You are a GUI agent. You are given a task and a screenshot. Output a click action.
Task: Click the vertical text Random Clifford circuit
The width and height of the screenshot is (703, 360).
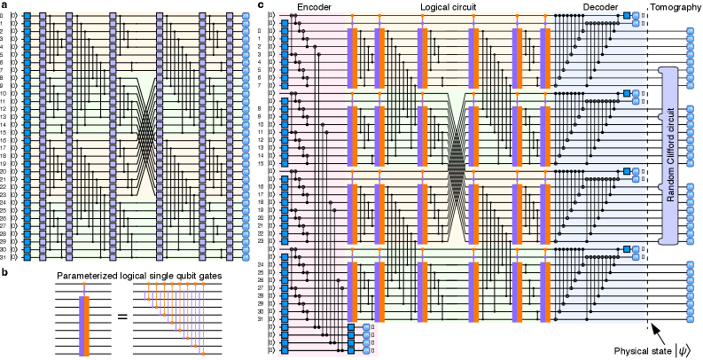pos(671,154)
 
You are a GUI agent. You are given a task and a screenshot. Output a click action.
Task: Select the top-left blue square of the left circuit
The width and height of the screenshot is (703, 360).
pos(27,16)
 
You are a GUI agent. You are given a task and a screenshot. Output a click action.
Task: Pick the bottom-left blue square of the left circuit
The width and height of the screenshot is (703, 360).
pos(27,257)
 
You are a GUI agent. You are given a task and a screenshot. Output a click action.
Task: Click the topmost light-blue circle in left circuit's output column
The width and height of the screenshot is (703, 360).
pos(246,16)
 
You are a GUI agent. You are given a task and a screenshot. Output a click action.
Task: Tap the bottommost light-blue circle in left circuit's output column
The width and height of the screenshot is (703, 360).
pos(246,257)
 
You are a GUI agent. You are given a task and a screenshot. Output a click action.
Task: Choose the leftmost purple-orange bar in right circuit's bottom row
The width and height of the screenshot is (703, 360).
pos(352,291)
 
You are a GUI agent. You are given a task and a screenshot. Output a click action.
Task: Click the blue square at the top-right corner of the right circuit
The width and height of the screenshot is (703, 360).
pos(627,15)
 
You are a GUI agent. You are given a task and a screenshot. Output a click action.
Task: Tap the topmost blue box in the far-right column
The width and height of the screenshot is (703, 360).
pos(690,31)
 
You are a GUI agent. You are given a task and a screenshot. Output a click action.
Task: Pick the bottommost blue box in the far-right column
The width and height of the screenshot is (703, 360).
pos(690,318)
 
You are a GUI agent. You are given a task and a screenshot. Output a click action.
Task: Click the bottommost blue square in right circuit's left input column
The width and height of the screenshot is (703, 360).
pos(285,350)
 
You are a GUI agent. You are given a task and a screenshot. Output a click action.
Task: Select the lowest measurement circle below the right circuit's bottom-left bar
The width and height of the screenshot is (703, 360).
pos(366,350)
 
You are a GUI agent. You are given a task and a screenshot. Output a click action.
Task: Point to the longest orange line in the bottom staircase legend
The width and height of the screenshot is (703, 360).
pos(203,319)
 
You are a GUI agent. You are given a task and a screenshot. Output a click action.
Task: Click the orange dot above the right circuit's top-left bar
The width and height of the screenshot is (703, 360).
pos(352,16)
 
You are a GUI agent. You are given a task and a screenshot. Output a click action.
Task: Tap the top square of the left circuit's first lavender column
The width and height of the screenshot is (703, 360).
pos(43,16)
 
